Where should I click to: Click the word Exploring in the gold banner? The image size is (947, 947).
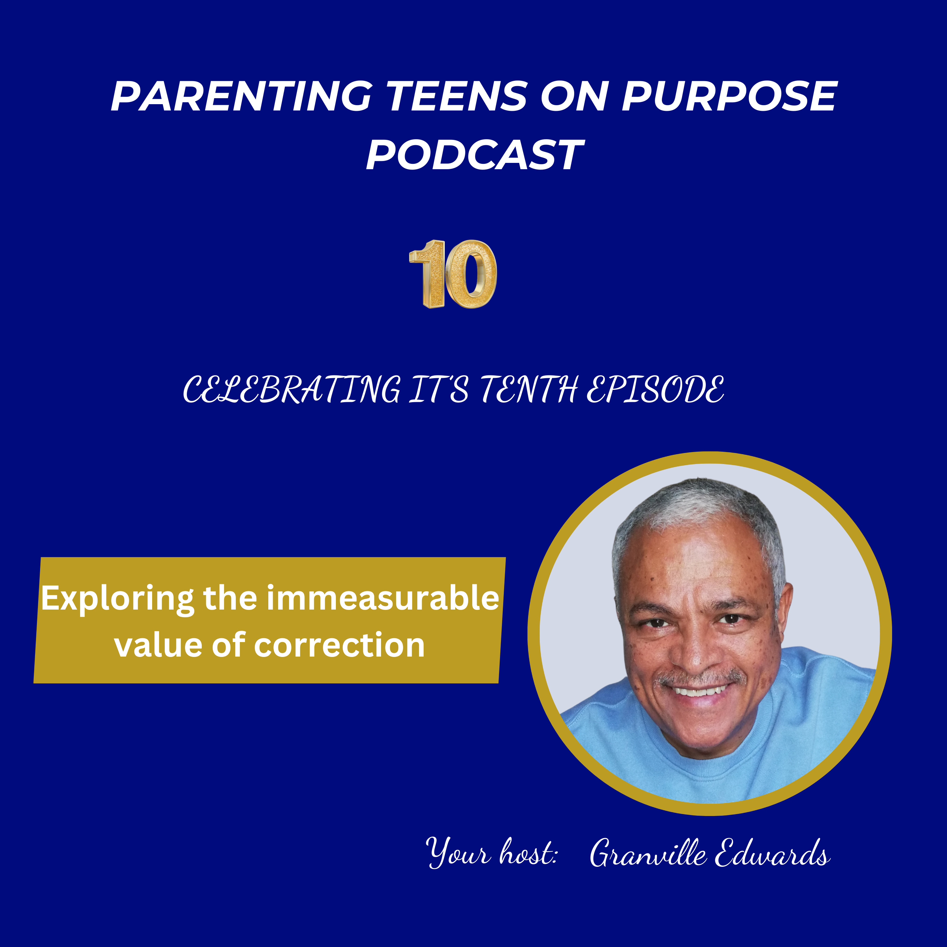point(118,599)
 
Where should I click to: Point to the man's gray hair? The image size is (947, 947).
point(696,505)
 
